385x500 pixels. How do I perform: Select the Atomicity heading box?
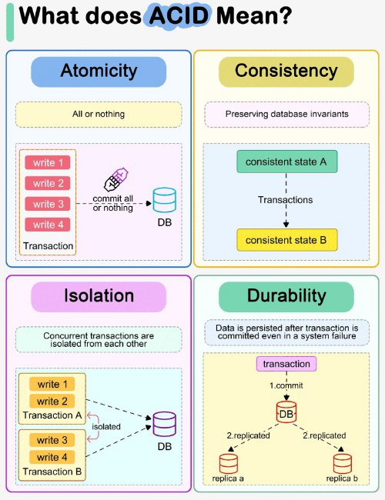point(99,72)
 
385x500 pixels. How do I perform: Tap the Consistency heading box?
point(286,72)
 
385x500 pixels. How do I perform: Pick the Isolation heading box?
point(99,297)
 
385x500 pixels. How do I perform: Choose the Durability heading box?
point(286,297)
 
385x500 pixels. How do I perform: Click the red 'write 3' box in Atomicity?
point(48,204)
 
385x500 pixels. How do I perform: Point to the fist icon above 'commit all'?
point(115,179)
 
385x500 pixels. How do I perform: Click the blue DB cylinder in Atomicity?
point(165,200)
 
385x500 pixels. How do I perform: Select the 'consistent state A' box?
point(287,162)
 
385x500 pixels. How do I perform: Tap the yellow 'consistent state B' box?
point(287,240)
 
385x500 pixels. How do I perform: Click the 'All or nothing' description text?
point(99,114)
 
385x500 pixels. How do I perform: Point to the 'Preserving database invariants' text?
point(286,114)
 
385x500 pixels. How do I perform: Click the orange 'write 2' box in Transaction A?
point(52,401)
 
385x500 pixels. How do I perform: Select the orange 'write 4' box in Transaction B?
point(52,457)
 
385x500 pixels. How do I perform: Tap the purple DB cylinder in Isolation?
point(165,424)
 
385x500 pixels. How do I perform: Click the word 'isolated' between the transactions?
point(106,426)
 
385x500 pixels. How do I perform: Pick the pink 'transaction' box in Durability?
point(286,364)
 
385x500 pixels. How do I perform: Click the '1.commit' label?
point(286,385)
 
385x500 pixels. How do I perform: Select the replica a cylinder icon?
point(229,464)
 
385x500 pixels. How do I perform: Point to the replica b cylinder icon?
point(343,464)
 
